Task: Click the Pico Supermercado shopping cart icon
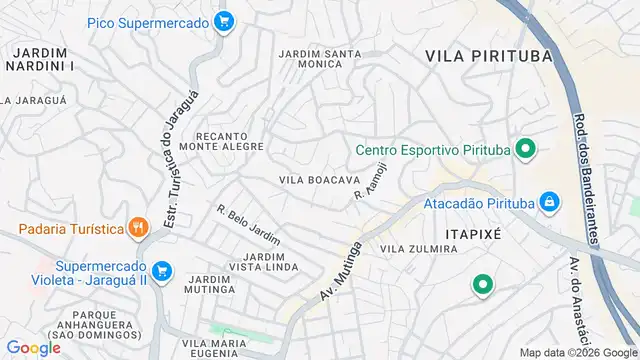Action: point(225,20)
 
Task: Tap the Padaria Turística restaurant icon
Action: point(139,228)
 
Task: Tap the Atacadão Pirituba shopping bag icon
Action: point(548,202)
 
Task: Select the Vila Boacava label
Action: point(319,180)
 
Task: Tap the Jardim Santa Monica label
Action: point(319,57)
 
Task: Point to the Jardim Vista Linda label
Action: point(264,263)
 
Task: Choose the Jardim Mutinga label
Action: point(210,285)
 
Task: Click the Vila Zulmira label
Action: point(419,248)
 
